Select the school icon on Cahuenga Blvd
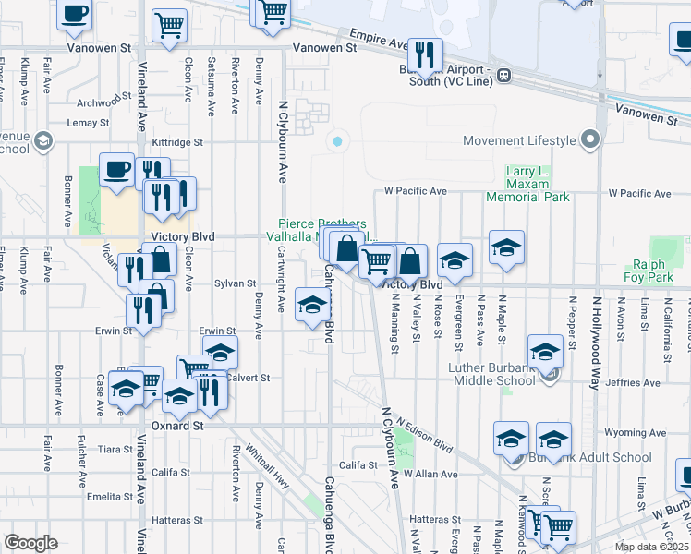pos(313,305)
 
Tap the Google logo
pos(31,543)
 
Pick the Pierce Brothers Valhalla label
pos(323,230)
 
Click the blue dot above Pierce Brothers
pos(337,141)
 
